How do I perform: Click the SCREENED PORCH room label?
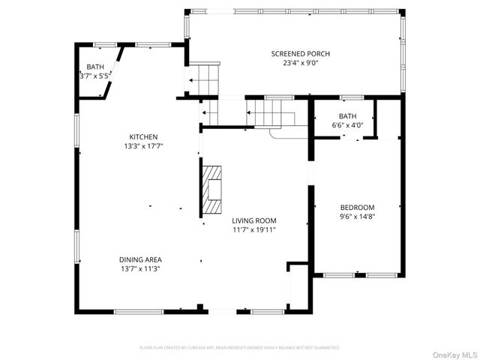click(x=300, y=54)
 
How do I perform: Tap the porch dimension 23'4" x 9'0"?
click(x=300, y=64)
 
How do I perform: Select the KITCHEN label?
click(x=143, y=136)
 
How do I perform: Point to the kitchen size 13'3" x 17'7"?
click(x=143, y=146)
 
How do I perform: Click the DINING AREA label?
click(x=140, y=259)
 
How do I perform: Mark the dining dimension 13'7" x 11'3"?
click(x=140, y=268)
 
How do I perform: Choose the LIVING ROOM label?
click(x=254, y=220)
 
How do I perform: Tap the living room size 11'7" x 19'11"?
click(x=254, y=230)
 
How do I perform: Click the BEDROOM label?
click(x=357, y=208)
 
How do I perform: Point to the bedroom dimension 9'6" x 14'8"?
click(x=357, y=217)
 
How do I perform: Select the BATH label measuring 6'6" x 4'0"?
click(x=347, y=116)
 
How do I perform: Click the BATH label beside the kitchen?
click(x=95, y=67)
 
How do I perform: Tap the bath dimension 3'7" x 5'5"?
click(x=95, y=76)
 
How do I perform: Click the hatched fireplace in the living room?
click(x=213, y=189)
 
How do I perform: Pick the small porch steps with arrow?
click(x=203, y=78)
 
